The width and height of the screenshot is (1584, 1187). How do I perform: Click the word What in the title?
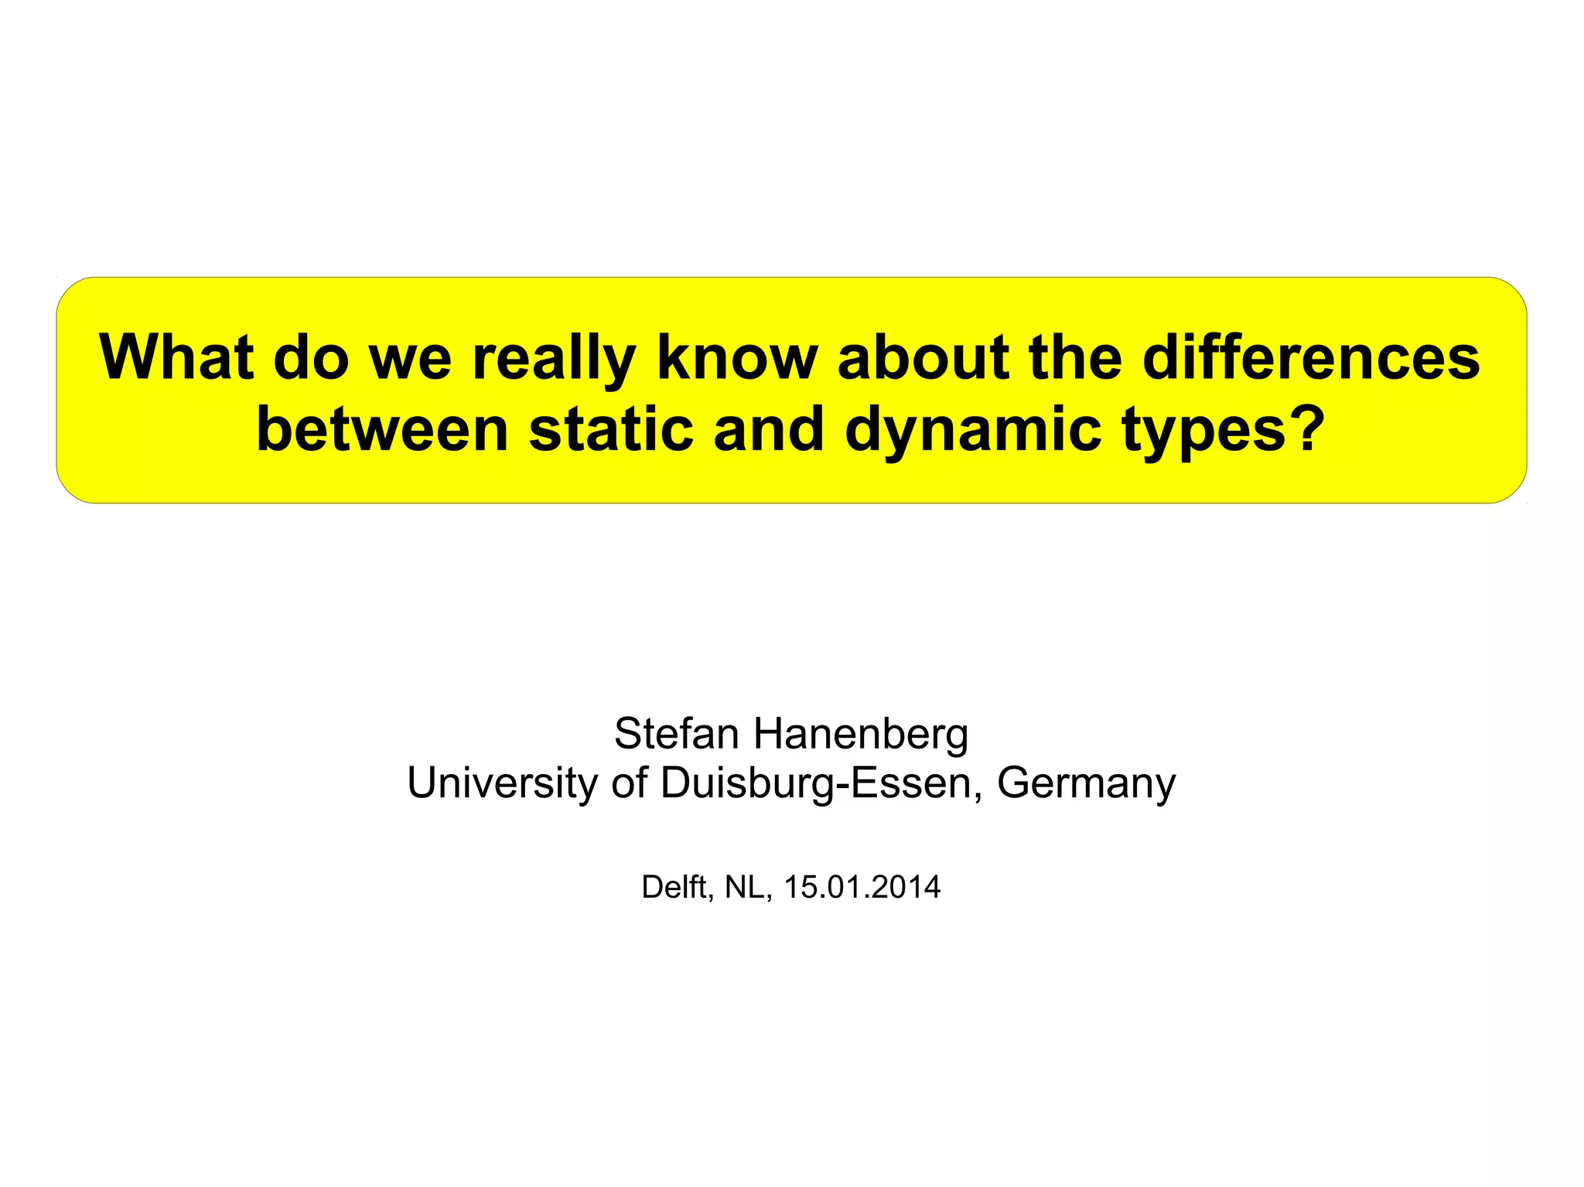click(176, 357)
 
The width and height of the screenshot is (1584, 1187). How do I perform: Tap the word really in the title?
click(553, 359)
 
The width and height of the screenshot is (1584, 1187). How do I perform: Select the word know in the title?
click(737, 357)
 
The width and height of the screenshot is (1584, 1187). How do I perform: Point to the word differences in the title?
click(1310, 357)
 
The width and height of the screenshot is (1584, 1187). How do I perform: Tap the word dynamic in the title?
click(972, 431)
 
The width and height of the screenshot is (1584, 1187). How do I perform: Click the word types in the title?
click(1193, 431)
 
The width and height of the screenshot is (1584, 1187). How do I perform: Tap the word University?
click(502, 783)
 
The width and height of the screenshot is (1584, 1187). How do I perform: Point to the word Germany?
click(1086, 783)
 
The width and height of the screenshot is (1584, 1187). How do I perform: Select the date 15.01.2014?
click(862, 887)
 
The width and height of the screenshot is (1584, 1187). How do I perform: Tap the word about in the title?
click(923, 357)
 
